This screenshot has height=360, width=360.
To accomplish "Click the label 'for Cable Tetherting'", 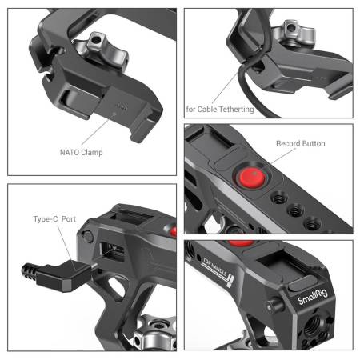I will tap(220, 108).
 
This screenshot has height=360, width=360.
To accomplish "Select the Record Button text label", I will tap(301, 144).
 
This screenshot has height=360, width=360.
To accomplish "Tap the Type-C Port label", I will tap(55, 218).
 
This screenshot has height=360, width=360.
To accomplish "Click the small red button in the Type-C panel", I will tap(170, 232).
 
